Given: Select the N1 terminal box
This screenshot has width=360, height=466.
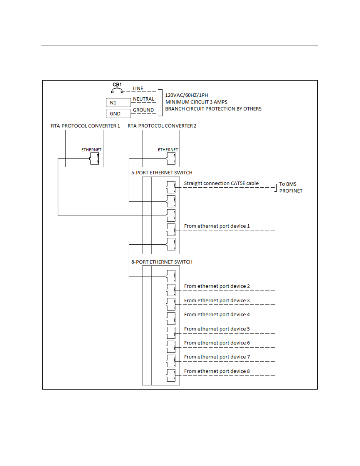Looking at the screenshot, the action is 118,103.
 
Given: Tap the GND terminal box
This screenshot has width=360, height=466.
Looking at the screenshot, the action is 118,113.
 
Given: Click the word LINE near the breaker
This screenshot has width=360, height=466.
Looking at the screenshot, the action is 138,88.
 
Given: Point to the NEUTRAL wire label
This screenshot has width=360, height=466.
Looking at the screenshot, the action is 144,99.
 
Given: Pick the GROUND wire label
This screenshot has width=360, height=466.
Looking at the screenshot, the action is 143,110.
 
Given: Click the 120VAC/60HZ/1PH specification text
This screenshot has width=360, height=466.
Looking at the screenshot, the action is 186,95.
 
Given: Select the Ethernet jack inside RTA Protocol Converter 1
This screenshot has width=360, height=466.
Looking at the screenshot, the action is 94,158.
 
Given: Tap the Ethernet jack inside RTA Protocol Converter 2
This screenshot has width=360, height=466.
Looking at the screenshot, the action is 171,158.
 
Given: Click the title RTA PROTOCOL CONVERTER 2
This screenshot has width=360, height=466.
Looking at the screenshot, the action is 162,126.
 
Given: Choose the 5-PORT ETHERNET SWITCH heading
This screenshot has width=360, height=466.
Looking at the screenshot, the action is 162,173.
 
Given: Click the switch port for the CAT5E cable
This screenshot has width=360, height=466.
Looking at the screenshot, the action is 171,187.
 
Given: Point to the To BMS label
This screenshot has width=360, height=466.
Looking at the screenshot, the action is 288,184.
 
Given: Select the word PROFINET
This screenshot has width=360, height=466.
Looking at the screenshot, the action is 291,191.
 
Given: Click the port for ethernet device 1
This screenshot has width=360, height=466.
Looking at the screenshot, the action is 171,230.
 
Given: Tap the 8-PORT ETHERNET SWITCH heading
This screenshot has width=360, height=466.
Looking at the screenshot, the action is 162,262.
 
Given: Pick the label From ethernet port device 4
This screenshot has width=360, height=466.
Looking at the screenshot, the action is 217,314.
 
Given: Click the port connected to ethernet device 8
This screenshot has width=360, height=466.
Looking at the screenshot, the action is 171,375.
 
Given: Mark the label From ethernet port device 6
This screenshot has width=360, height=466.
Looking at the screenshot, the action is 217,343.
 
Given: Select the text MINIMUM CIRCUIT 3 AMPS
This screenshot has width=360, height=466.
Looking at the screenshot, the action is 196,102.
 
